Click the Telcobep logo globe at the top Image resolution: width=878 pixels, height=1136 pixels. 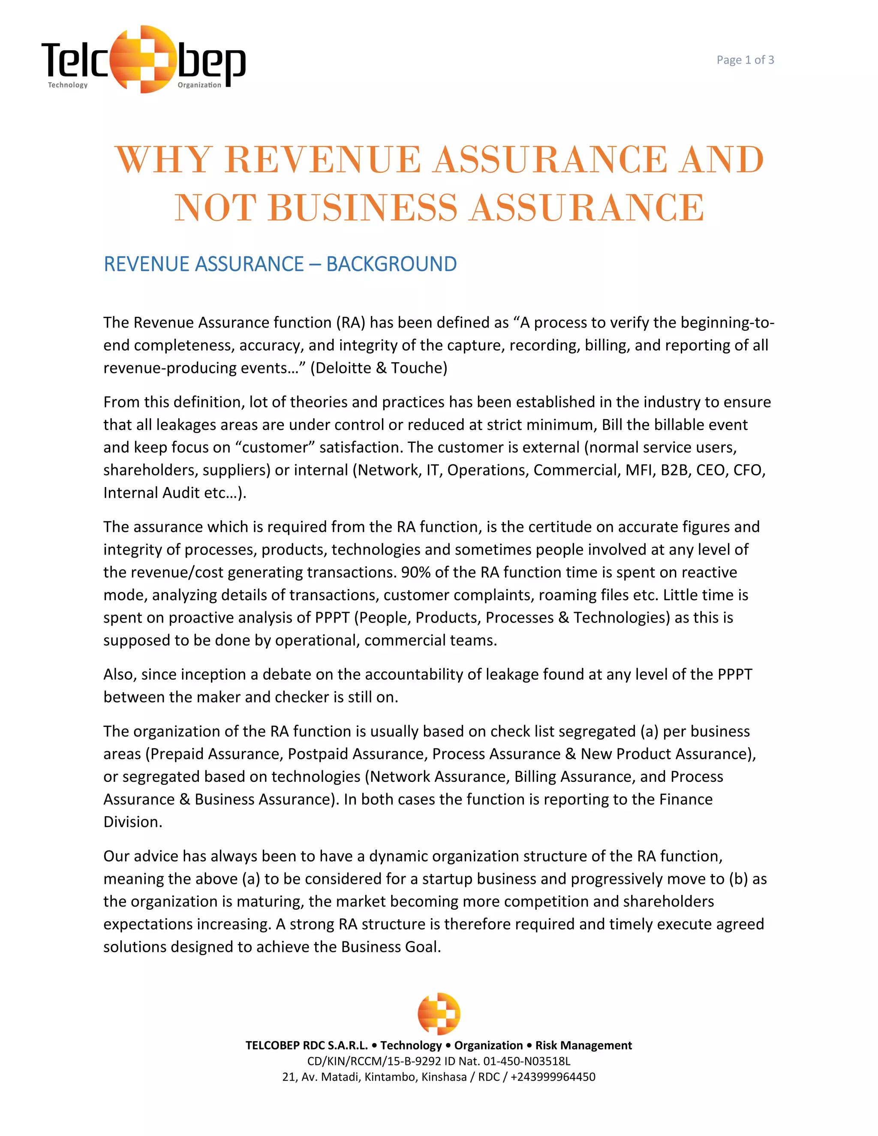[x=142, y=59]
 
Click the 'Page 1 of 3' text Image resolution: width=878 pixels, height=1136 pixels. [x=745, y=60]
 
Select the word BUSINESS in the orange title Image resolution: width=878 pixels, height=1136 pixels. [x=363, y=207]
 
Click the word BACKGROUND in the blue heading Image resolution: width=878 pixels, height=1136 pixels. [x=391, y=264]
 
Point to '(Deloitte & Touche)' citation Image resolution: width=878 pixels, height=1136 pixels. [x=379, y=368]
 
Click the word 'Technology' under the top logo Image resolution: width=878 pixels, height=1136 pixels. [x=68, y=85]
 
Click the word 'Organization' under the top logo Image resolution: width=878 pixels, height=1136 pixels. [x=199, y=85]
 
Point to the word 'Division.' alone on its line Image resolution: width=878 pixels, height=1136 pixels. [x=132, y=822]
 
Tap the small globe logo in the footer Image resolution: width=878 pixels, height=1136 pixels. [x=439, y=1014]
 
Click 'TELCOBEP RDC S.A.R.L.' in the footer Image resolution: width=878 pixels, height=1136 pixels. [x=307, y=1046]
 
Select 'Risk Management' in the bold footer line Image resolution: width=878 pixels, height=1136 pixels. [x=583, y=1046]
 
